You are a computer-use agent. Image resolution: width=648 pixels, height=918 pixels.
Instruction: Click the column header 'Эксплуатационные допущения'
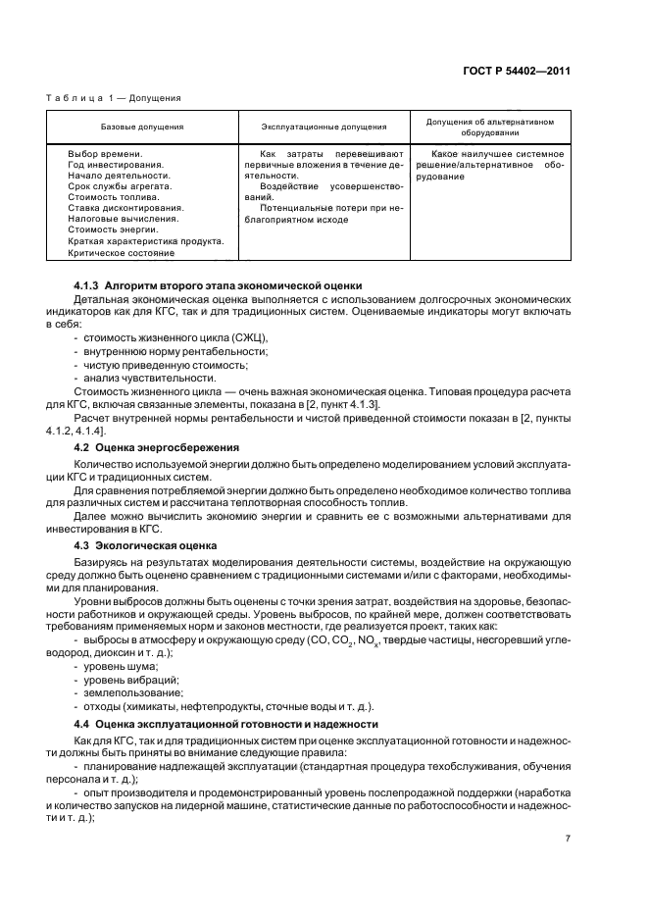323,127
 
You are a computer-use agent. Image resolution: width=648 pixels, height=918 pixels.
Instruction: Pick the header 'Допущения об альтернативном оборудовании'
489,127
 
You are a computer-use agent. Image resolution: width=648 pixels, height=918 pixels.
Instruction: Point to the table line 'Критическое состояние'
121,252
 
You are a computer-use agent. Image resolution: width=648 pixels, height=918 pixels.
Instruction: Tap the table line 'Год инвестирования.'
116,165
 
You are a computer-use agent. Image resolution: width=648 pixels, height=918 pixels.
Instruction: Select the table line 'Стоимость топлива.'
115,197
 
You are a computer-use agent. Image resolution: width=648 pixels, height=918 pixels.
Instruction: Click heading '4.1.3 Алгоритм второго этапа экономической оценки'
219,284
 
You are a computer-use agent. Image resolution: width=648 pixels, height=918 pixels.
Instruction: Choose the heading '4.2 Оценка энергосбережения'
157,447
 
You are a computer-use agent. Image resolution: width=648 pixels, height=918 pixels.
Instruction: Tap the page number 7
568,839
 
